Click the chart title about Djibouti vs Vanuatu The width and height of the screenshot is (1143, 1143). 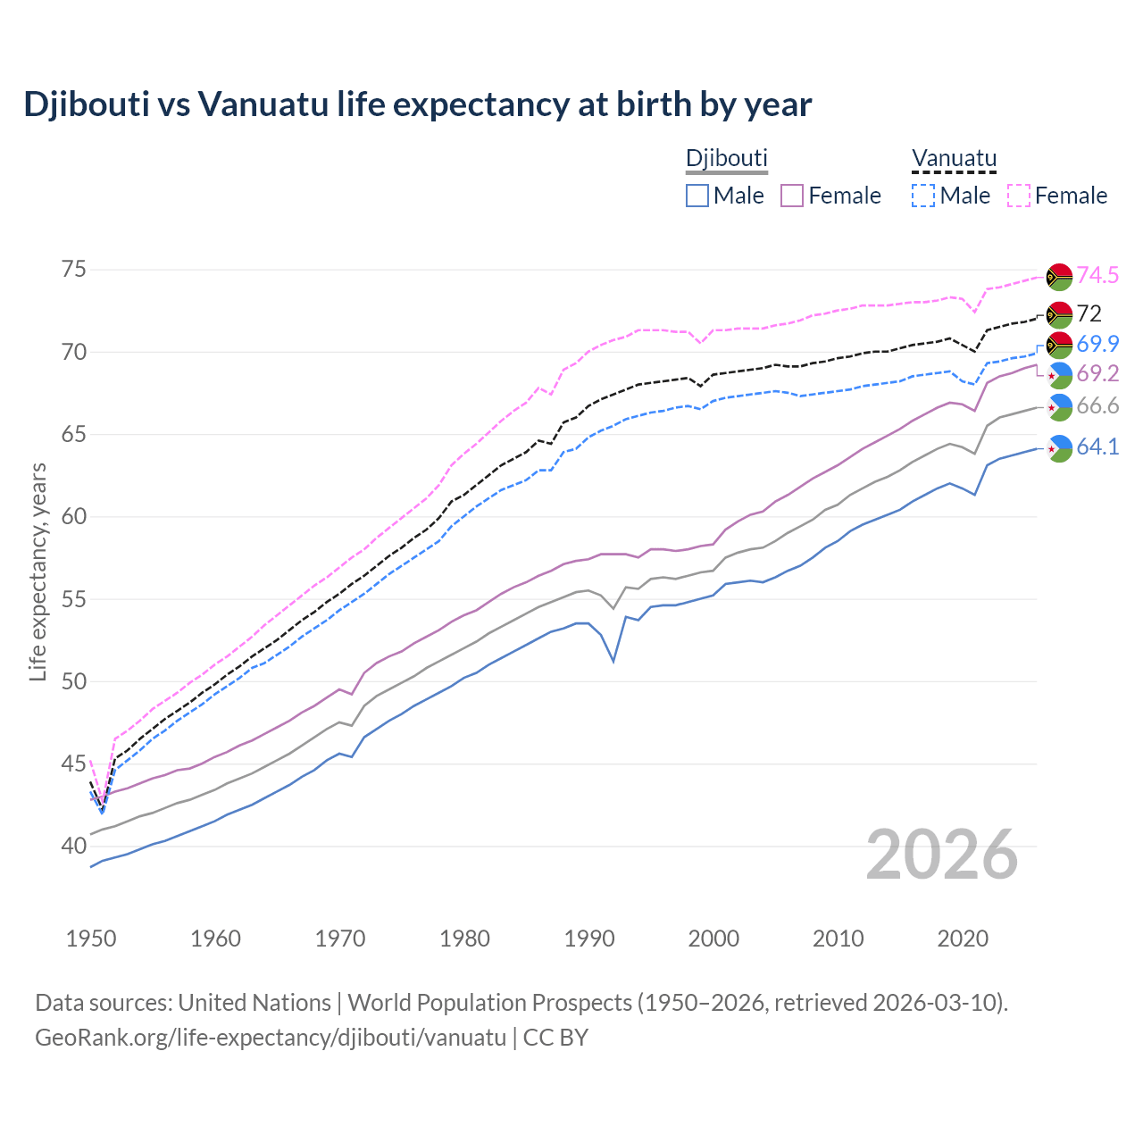[x=417, y=104]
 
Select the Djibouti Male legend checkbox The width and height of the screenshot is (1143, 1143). [x=697, y=196]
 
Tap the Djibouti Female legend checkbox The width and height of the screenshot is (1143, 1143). [x=792, y=196]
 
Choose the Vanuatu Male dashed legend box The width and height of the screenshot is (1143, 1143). [x=923, y=196]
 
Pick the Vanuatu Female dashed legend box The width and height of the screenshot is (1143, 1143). [x=1018, y=196]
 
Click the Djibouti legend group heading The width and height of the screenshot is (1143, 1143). [x=726, y=158]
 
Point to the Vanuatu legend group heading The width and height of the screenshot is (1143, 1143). [x=953, y=158]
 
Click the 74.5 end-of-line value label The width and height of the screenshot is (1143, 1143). [x=1097, y=275]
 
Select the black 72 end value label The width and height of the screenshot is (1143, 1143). [x=1089, y=313]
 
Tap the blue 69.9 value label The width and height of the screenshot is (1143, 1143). [x=1097, y=344]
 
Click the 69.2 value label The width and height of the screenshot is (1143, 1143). [x=1097, y=373]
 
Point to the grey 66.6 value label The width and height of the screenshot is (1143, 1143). [x=1097, y=406]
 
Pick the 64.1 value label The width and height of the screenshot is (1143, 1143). [x=1097, y=446]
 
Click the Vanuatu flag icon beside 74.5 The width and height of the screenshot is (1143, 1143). [x=1059, y=277]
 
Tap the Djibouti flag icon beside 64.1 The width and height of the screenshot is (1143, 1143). [x=1059, y=448]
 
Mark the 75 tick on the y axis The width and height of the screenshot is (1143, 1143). [x=75, y=270]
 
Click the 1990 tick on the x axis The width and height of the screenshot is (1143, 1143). [x=589, y=939]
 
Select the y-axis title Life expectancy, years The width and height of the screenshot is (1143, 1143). [x=38, y=571]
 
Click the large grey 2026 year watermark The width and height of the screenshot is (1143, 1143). [x=942, y=855]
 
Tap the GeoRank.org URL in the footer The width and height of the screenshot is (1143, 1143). [x=271, y=1038]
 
